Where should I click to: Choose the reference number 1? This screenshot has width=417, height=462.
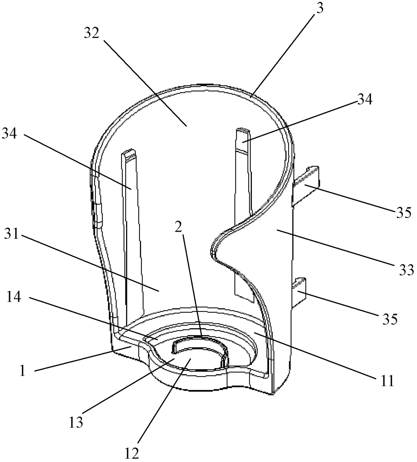click(x=22, y=372)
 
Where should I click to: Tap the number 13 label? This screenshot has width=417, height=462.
click(x=76, y=422)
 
